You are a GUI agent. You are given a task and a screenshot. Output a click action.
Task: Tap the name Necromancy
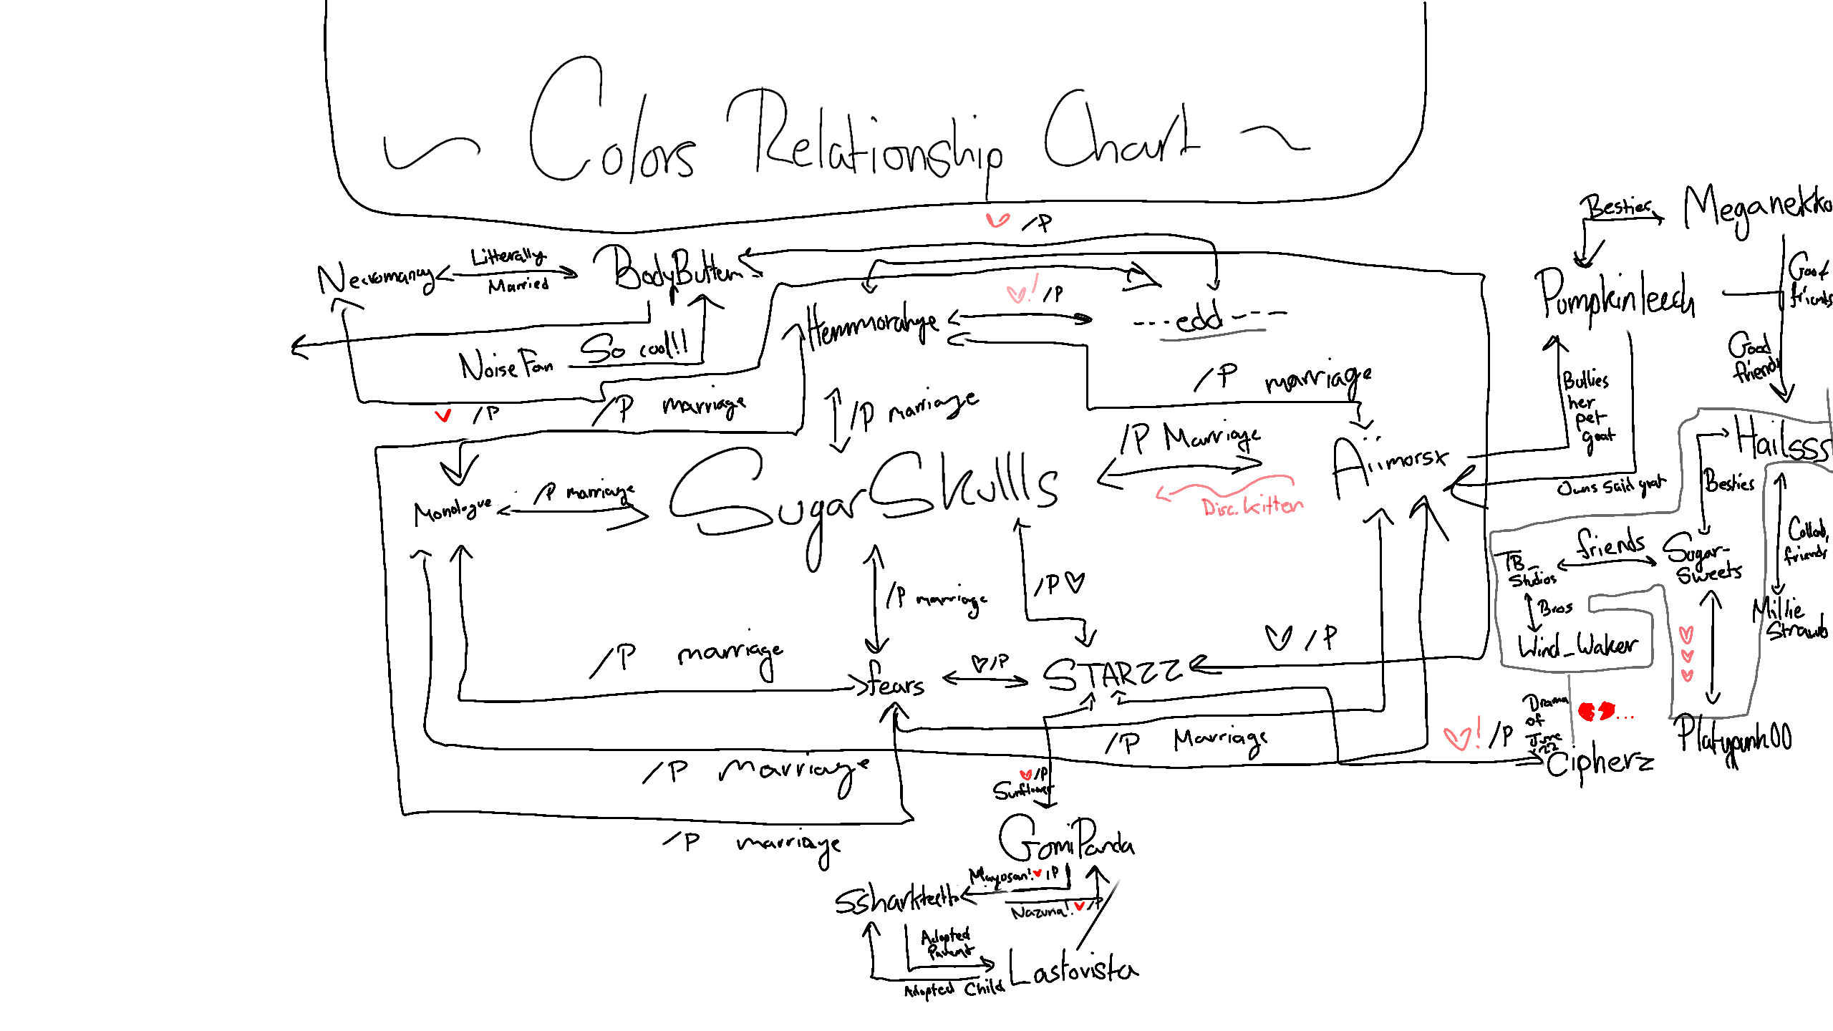coord(376,278)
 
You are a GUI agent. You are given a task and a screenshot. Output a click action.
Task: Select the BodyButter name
coord(677,271)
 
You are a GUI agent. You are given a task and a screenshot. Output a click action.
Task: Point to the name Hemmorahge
coord(870,326)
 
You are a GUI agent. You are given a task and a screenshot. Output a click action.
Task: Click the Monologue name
coord(453,510)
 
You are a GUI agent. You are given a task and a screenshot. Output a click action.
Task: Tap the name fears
coord(895,682)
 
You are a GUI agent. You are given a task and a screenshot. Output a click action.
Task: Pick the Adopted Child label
coord(954,989)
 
